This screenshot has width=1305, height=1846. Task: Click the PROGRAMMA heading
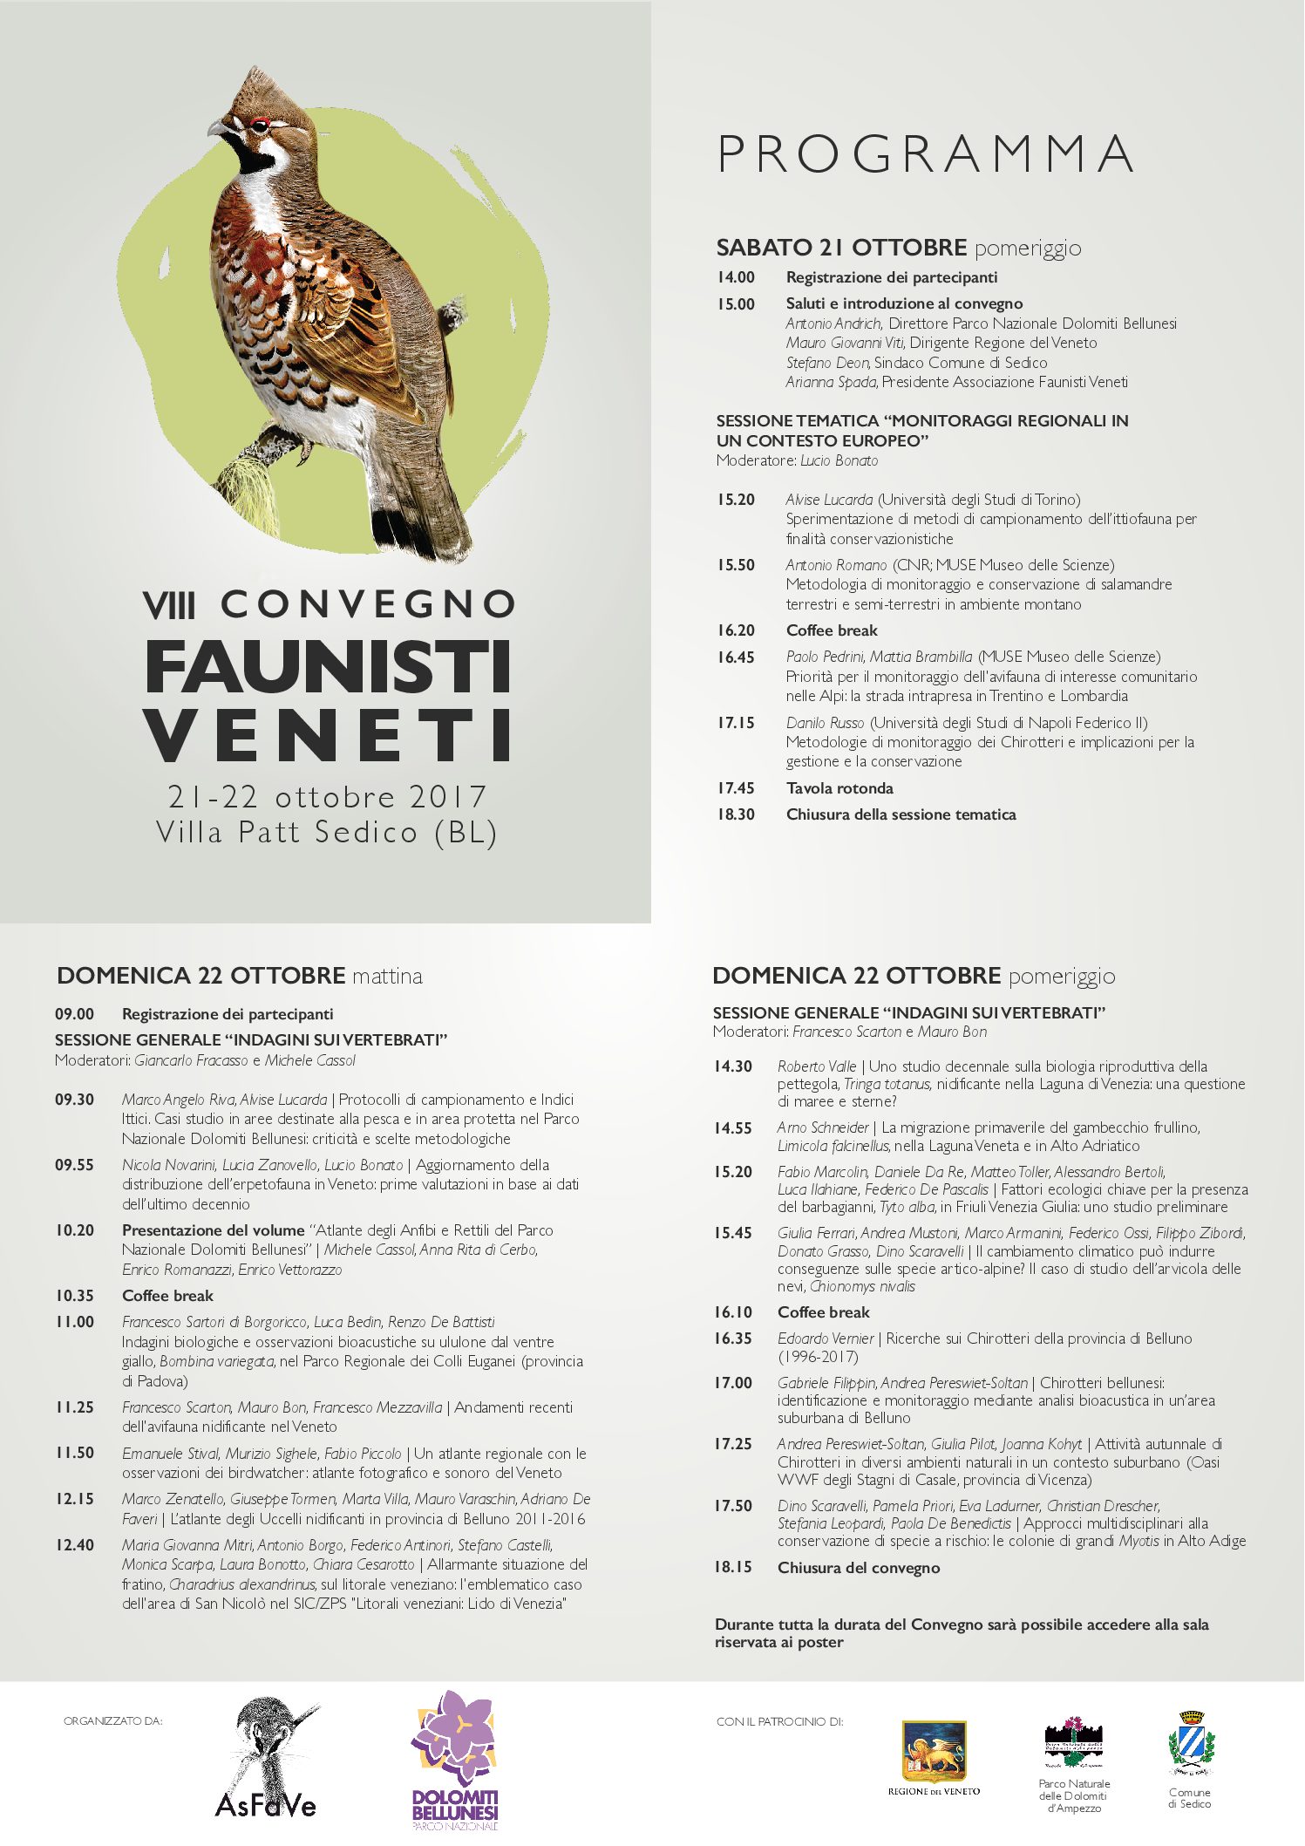pyautogui.click(x=926, y=155)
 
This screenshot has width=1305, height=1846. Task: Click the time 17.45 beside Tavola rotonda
pyautogui.click(x=736, y=788)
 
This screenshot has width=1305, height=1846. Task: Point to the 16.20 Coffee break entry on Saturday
pyautogui.click(x=832, y=630)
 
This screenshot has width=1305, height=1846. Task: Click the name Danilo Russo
pyautogui.click(x=825, y=723)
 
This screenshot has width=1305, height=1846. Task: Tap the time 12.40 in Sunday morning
pyautogui.click(x=75, y=1545)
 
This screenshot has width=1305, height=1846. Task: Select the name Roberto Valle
pyautogui.click(x=817, y=1066)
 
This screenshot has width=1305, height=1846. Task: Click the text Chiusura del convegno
pyautogui.click(x=859, y=1568)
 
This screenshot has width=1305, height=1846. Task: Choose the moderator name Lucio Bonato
pyautogui.click(x=839, y=460)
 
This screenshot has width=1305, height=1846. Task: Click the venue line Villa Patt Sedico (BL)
pyautogui.click(x=327, y=833)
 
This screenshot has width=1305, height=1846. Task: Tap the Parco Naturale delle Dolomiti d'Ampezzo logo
pyautogui.click(x=1073, y=1744)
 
